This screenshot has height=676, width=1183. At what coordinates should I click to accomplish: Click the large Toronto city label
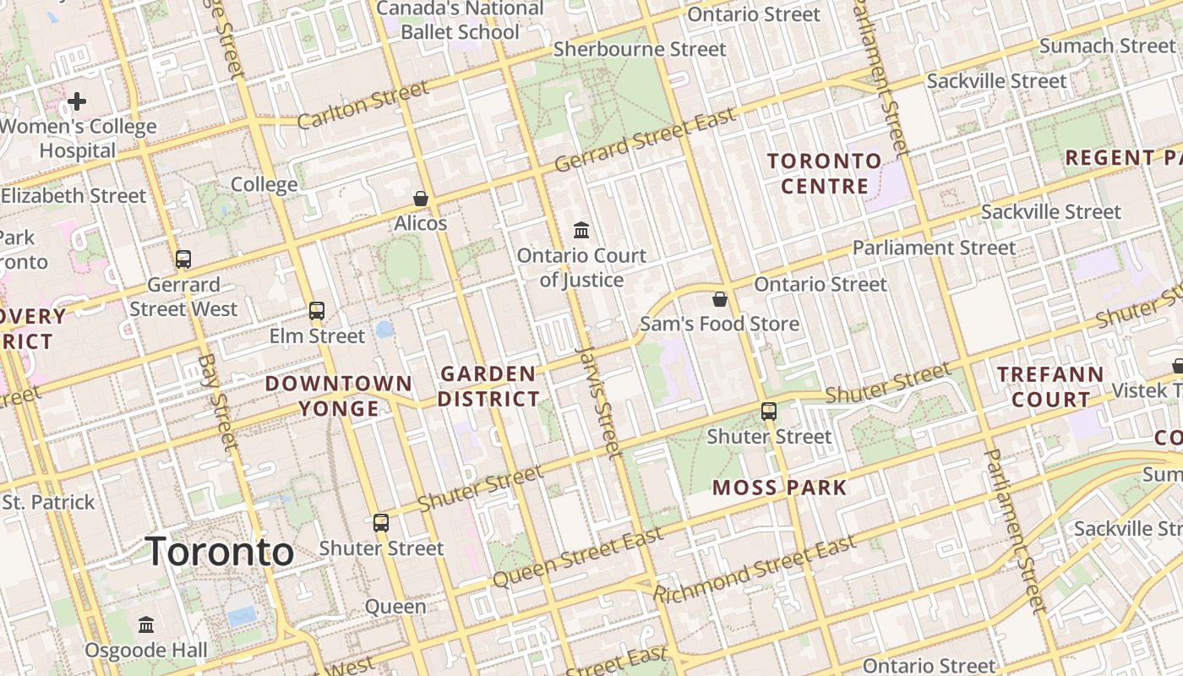pos(221,553)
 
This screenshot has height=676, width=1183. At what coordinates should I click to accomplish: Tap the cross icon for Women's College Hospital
pos(77,102)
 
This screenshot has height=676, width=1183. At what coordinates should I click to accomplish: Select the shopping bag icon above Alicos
pos(420,199)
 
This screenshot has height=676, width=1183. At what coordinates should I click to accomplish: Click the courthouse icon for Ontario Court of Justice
pos(581,230)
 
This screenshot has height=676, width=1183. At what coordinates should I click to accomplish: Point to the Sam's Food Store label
pos(719,324)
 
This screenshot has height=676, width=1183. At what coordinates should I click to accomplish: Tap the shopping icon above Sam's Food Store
pos(720,299)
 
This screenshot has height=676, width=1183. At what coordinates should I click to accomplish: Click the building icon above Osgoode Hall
pos(146,625)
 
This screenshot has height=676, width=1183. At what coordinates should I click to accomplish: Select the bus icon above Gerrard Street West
pos(183,259)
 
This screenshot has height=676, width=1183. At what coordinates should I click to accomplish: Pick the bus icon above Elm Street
pos(317,311)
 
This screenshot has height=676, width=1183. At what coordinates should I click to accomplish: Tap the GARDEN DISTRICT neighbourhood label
pos(488,386)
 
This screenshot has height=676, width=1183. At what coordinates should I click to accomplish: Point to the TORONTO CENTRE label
pos(824,173)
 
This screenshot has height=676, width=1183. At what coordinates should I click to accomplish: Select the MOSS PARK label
pos(779,488)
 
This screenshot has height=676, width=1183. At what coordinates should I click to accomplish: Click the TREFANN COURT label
pos(1049,386)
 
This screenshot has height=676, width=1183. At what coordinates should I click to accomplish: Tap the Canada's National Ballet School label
pos(460,20)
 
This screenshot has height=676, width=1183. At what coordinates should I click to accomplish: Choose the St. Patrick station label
pos(48,502)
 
